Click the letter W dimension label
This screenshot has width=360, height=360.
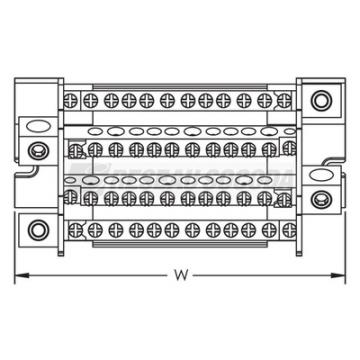[x=181, y=275]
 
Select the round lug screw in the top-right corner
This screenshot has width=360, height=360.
[x=321, y=100]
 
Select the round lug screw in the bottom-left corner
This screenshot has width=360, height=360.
[x=39, y=230]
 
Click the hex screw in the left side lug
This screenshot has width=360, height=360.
[x=39, y=151]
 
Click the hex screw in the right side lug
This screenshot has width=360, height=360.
[x=321, y=199]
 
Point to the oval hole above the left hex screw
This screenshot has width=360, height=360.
[x=39, y=127]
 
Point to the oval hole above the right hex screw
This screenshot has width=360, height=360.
[x=321, y=175]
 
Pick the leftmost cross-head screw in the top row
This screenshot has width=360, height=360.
[x=70, y=100]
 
